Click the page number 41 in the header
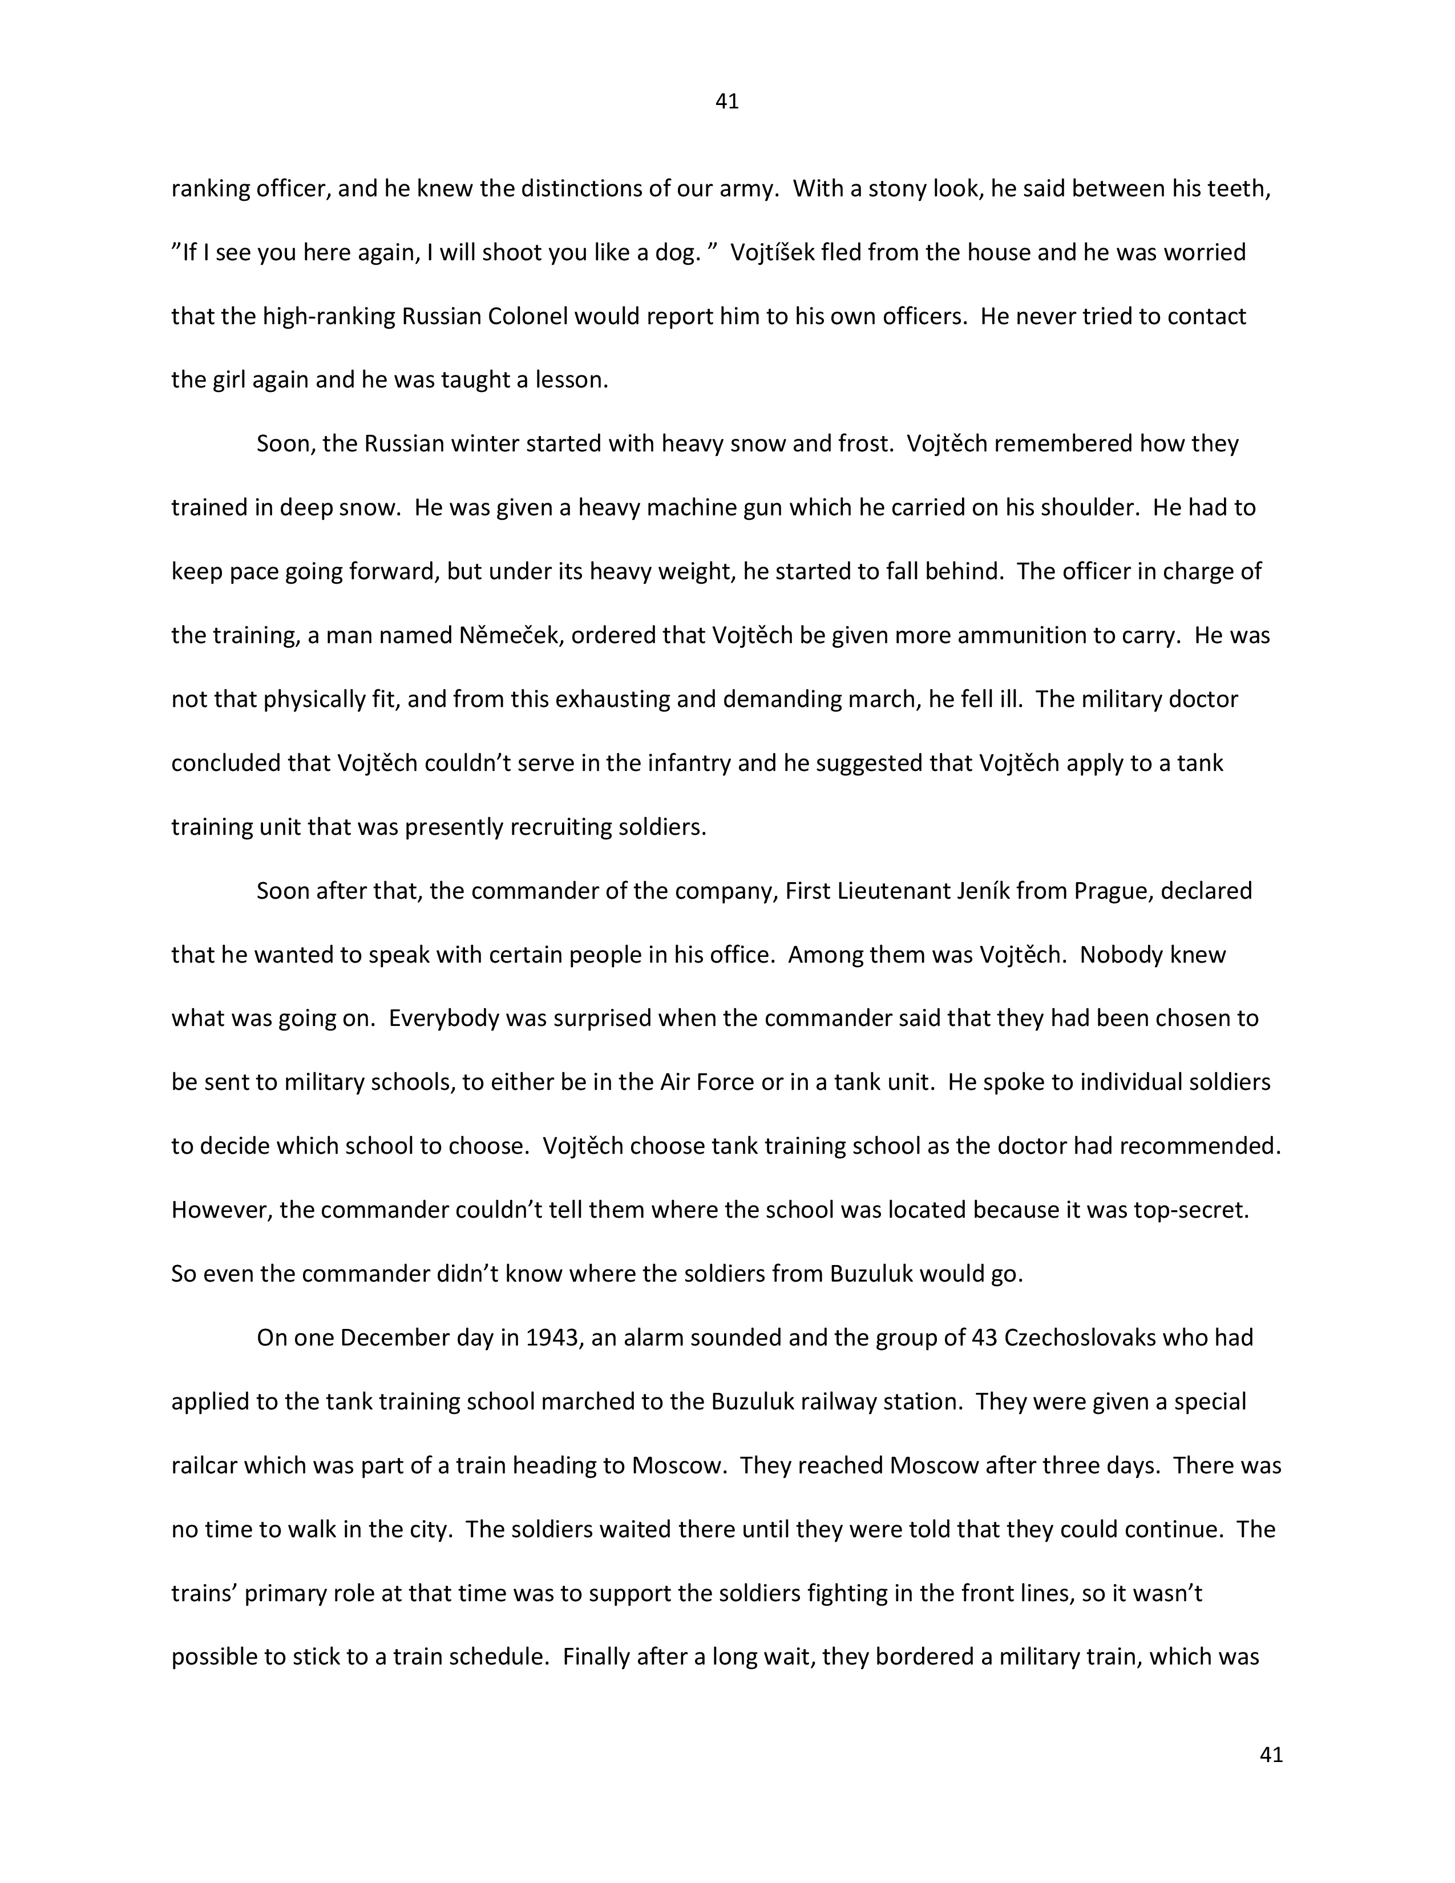click(726, 102)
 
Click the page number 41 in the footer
click(1271, 1755)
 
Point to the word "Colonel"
click(528, 317)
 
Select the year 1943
click(552, 1338)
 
